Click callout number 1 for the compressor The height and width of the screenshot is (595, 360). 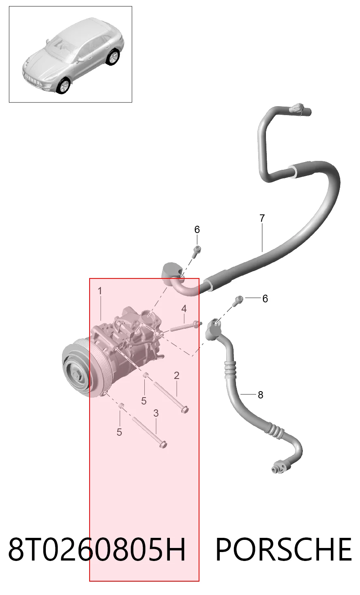tap(100, 291)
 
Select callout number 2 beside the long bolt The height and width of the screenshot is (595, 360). tap(177, 375)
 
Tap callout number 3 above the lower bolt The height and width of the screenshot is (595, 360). tap(156, 413)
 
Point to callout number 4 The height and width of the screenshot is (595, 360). tap(184, 309)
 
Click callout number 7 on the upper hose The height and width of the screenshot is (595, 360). tap(262, 218)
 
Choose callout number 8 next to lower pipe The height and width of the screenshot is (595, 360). tap(260, 395)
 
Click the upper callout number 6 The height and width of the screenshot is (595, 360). tap(197, 229)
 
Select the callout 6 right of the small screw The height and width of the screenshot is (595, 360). tap(265, 299)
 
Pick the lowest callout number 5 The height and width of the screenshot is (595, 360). tap(119, 432)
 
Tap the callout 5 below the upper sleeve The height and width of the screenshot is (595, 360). tap(144, 401)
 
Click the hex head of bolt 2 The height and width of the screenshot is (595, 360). tap(185, 409)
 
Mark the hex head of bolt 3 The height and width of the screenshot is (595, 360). tap(163, 444)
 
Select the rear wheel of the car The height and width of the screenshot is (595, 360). tap(113, 57)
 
